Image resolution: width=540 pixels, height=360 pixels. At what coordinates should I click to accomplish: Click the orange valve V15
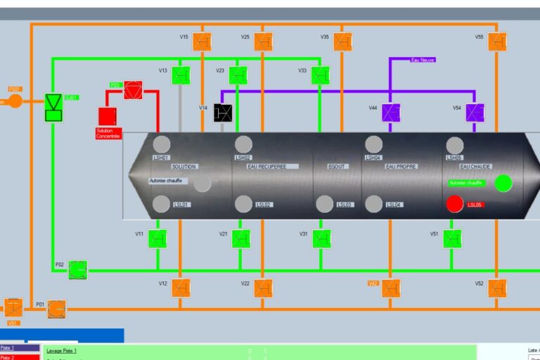(202, 41)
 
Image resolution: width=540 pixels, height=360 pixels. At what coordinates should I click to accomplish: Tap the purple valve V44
(391, 112)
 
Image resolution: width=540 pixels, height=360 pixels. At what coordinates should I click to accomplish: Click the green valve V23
(238, 75)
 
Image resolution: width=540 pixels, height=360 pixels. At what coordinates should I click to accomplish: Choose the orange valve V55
(497, 41)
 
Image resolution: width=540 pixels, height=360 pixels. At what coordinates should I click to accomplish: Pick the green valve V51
(452, 239)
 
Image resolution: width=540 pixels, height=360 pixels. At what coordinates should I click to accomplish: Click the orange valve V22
(263, 288)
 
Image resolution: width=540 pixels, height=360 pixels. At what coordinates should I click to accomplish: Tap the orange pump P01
(57, 309)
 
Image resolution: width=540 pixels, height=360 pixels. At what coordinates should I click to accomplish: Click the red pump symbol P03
(133, 90)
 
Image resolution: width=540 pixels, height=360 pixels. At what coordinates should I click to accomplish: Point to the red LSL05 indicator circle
(455, 205)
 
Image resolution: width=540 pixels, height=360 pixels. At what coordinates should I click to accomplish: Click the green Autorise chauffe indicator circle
(503, 184)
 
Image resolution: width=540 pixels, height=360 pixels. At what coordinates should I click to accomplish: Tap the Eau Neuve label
(423, 60)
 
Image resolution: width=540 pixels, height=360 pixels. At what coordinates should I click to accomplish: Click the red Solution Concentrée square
(107, 117)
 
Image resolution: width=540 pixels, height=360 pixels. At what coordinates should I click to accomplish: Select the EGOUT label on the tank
(337, 167)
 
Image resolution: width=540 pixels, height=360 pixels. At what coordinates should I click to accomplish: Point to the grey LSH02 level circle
(243, 145)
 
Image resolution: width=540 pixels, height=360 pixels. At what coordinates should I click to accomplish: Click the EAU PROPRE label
(401, 167)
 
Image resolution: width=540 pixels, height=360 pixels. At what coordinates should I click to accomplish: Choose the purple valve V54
(475, 112)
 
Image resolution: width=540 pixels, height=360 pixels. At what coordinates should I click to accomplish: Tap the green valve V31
(321, 239)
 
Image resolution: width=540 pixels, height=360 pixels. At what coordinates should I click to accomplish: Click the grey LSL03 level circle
(324, 205)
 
